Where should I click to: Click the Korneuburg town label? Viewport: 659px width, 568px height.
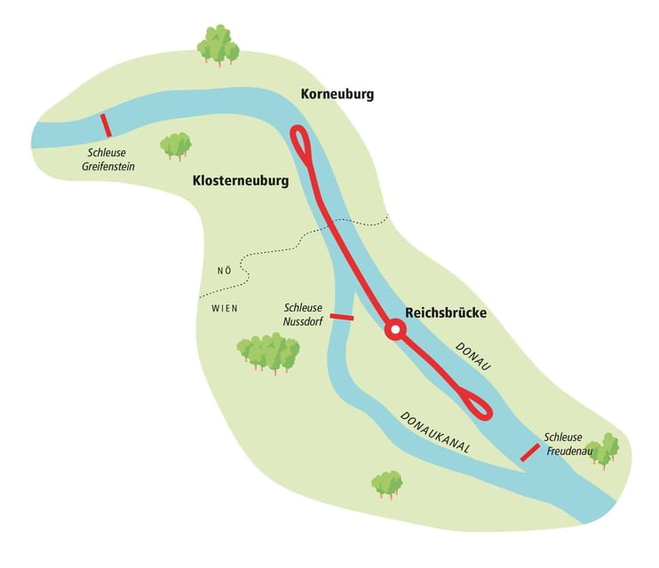coord(337,94)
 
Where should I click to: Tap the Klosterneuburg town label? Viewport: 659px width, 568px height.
coord(241,181)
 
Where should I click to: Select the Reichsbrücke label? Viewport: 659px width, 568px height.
coord(446,312)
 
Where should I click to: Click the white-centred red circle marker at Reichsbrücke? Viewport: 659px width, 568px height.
coord(396,331)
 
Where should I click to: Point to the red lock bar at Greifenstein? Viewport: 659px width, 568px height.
coord(107,125)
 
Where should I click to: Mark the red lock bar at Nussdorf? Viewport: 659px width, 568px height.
coord(341,316)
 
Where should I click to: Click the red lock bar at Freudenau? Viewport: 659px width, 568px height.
coord(529,452)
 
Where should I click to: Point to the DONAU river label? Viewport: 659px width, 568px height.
coord(473,355)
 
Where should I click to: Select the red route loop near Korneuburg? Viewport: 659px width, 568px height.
coord(303,144)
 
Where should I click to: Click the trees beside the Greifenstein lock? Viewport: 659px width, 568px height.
coord(175,145)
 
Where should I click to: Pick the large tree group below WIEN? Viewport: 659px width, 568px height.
coord(268,352)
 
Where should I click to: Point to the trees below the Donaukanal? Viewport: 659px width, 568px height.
coord(386,484)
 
